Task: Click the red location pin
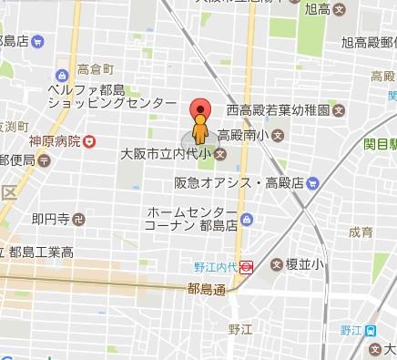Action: tap(199, 108)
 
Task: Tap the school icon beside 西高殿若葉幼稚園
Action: tap(339, 111)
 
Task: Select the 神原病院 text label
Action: tap(54, 142)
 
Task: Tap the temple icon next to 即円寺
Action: tap(79, 219)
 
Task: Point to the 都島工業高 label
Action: tap(42, 252)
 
